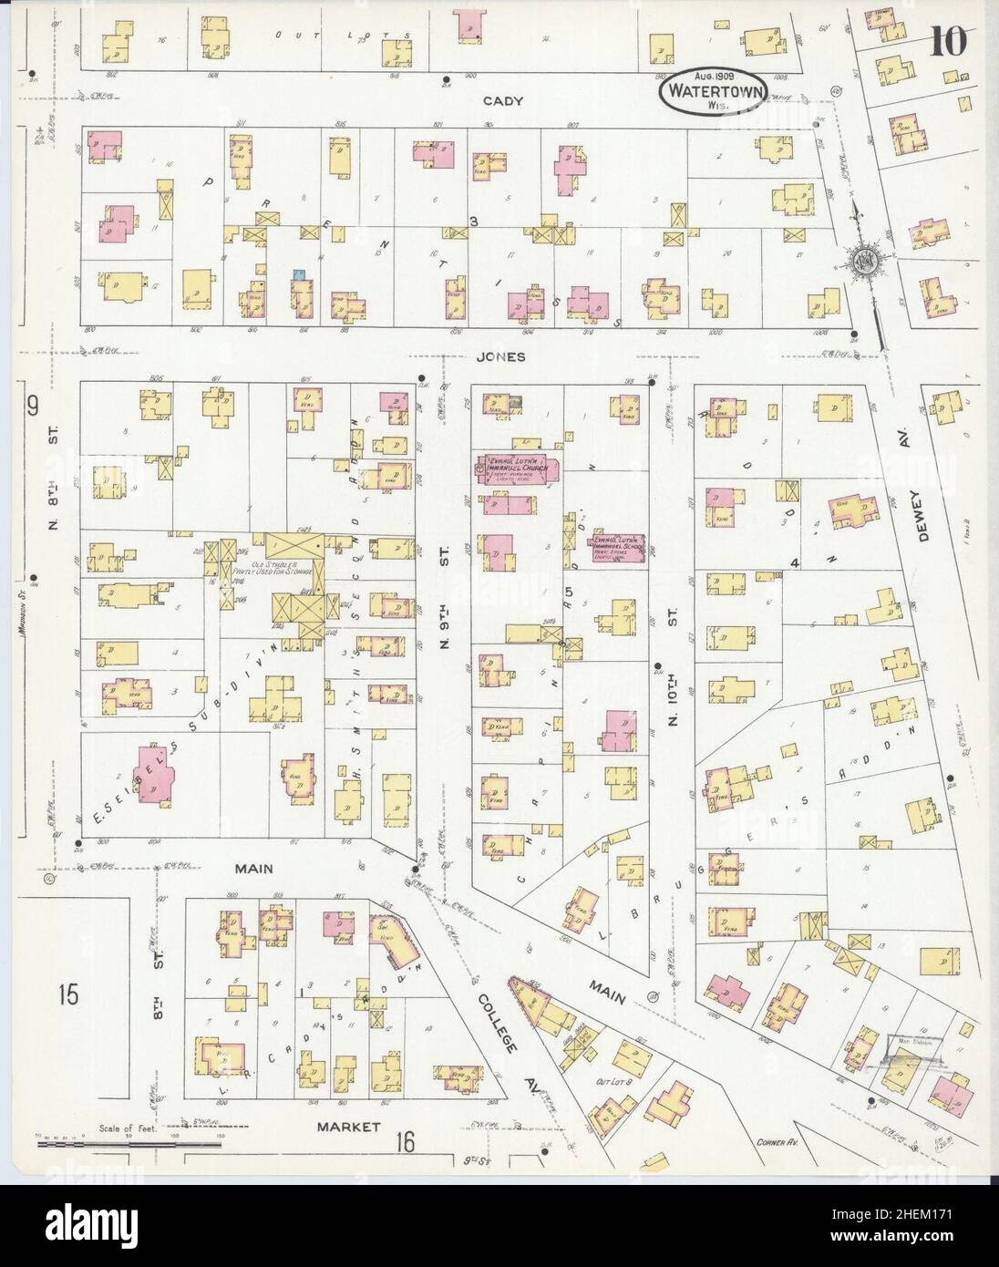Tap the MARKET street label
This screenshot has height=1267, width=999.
pos(347,1127)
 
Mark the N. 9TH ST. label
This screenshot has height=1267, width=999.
pos(446,602)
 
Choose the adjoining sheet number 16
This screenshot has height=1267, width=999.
pos(407,1140)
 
